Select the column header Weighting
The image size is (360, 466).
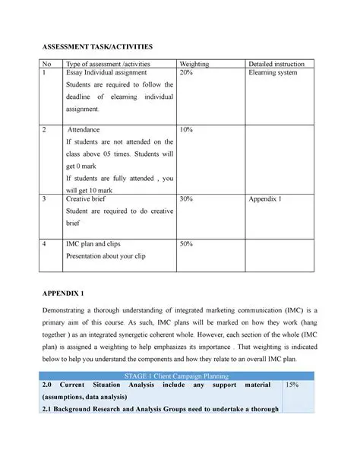(194, 64)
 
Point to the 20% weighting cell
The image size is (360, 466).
(186, 73)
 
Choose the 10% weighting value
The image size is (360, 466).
(186, 130)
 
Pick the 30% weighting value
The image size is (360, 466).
(186, 198)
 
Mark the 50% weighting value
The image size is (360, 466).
(186, 243)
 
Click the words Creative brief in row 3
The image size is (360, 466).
(90, 198)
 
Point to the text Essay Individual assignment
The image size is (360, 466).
(110, 73)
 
